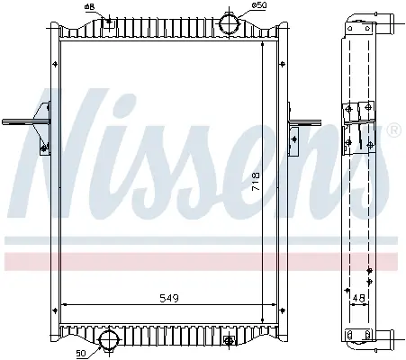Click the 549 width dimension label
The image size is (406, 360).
coord(169,298)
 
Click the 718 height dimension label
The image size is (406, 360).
coord(256,182)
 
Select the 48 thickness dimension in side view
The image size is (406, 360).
coord(359,298)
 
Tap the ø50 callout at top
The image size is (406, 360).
coord(259,5)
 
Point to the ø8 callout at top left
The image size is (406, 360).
coord(90,6)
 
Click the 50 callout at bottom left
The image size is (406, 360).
coord(81,354)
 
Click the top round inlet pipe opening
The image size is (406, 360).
coord(230,24)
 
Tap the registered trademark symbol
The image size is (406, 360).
coord(395,130)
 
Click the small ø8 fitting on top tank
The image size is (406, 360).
coord(109,22)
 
